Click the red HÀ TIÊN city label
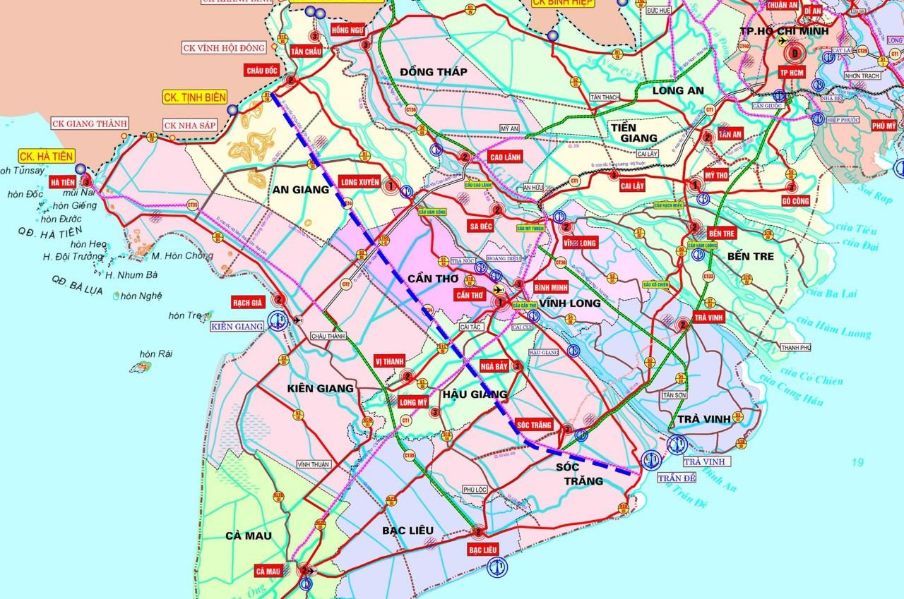(63, 183)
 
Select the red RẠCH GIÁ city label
(247, 302)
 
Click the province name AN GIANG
(302, 189)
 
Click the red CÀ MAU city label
(269, 571)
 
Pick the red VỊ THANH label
(389, 361)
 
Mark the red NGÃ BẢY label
(494, 366)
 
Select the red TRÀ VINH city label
(709, 318)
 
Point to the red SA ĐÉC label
(480, 226)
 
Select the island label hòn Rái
(156, 353)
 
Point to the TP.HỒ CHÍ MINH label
(778, 32)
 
